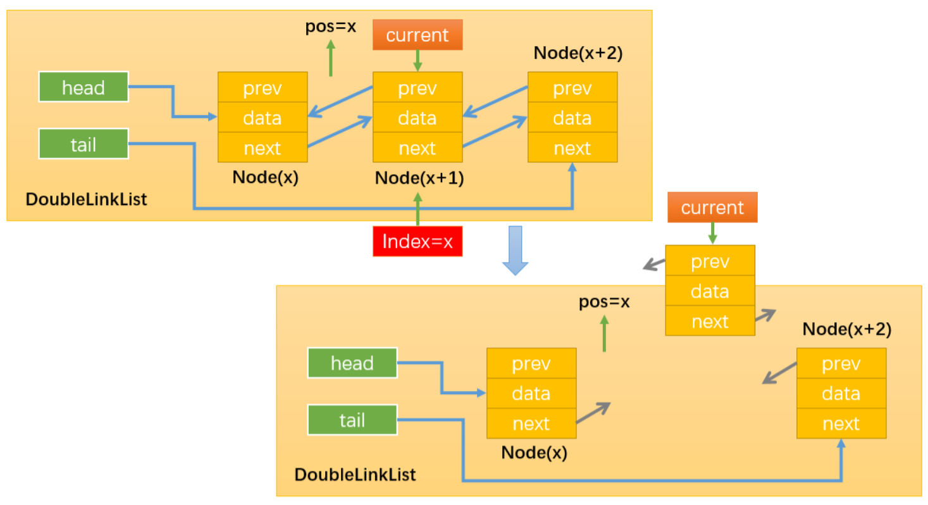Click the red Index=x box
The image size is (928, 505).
click(x=417, y=241)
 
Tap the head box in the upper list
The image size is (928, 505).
click(x=84, y=87)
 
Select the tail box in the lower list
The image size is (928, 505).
click(x=352, y=420)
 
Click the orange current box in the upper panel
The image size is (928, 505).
click(x=417, y=35)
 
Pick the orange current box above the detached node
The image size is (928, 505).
click(x=712, y=208)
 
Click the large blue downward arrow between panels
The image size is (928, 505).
click(x=515, y=251)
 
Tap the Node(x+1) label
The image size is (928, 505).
click(x=419, y=178)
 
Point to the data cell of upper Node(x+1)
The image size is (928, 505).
click(x=418, y=117)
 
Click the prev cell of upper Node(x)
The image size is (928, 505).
click(x=263, y=87)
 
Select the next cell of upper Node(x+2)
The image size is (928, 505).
click(x=572, y=147)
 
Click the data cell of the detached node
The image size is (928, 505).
click(x=710, y=290)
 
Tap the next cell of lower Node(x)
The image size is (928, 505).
click(x=531, y=423)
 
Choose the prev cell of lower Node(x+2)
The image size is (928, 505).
click(x=841, y=363)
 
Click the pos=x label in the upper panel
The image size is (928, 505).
click(x=331, y=27)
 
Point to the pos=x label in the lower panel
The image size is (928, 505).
click(x=604, y=302)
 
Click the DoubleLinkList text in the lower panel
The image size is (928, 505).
click(x=355, y=475)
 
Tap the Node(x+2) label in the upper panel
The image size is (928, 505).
click(x=578, y=53)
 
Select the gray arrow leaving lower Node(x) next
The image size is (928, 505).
click(x=593, y=413)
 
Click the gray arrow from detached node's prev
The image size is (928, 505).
click(x=654, y=265)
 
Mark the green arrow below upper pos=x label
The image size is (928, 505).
click(x=331, y=58)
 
